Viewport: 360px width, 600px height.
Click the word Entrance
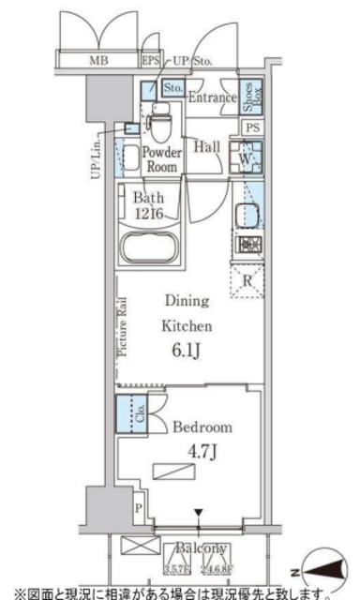coord(211,97)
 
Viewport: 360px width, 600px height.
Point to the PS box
coord(251,128)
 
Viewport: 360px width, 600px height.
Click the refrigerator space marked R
coord(247,279)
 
